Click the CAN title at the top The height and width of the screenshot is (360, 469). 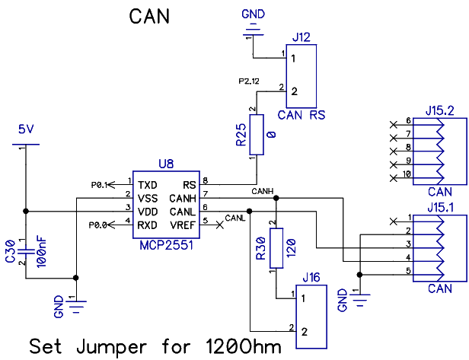(x=149, y=17)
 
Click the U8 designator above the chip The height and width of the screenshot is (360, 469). (x=165, y=163)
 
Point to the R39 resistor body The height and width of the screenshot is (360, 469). (x=276, y=247)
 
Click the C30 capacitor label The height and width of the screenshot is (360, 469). (x=10, y=252)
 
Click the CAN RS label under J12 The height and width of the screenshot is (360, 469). (x=302, y=116)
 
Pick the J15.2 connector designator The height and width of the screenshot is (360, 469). (x=441, y=111)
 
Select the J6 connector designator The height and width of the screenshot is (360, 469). (x=312, y=279)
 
